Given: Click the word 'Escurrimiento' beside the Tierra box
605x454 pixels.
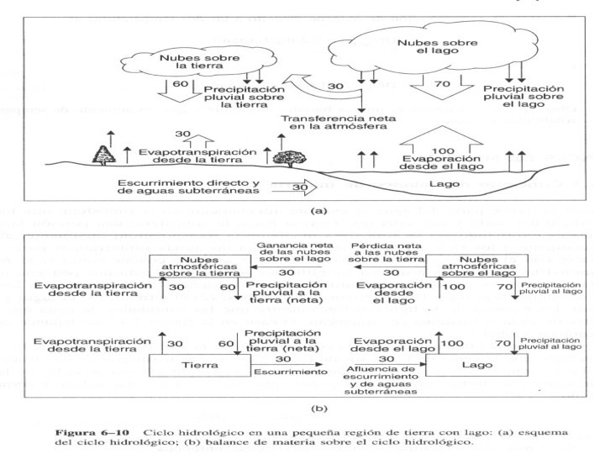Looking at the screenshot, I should click(x=297, y=370).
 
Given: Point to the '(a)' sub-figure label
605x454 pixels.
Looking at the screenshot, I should click(x=318, y=214).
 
